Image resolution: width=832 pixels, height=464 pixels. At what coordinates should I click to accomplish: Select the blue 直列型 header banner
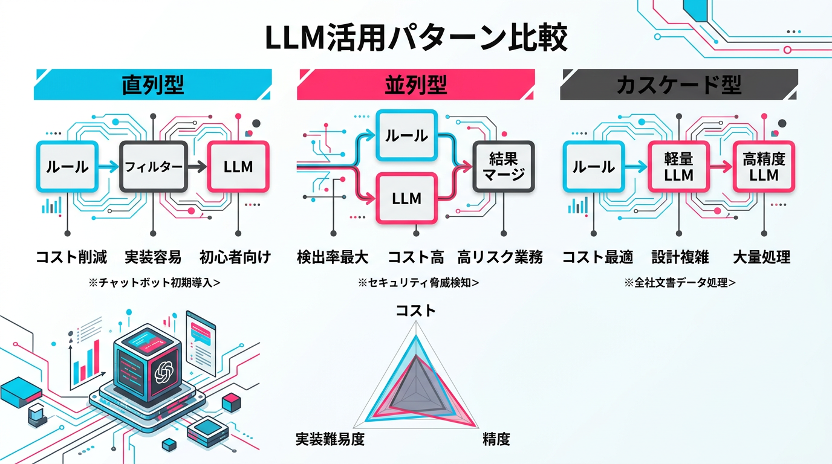click(152, 85)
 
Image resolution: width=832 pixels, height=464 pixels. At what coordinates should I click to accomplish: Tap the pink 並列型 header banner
click(415, 85)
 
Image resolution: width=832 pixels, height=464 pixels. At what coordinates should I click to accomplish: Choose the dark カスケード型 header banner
click(678, 85)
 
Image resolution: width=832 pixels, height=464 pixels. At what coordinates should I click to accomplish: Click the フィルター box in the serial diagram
click(154, 166)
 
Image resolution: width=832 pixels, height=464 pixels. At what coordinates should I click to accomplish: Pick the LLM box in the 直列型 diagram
click(238, 166)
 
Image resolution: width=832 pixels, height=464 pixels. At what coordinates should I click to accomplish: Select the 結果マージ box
click(503, 166)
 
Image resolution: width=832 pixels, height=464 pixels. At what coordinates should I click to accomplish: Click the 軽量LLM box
click(678, 167)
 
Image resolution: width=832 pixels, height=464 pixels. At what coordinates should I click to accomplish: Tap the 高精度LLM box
click(764, 167)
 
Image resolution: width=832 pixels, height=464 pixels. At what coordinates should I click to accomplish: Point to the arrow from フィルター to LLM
click(197, 166)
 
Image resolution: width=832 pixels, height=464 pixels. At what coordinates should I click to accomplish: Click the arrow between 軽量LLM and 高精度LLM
click(721, 167)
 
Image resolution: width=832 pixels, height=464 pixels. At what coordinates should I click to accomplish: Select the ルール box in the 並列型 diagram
click(406, 135)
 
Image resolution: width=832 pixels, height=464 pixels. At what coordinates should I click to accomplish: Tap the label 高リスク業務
click(500, 257)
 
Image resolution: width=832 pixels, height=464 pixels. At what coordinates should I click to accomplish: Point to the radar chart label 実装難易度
click(330, 439)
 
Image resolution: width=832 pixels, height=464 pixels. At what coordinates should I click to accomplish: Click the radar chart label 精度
click(496, 439)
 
